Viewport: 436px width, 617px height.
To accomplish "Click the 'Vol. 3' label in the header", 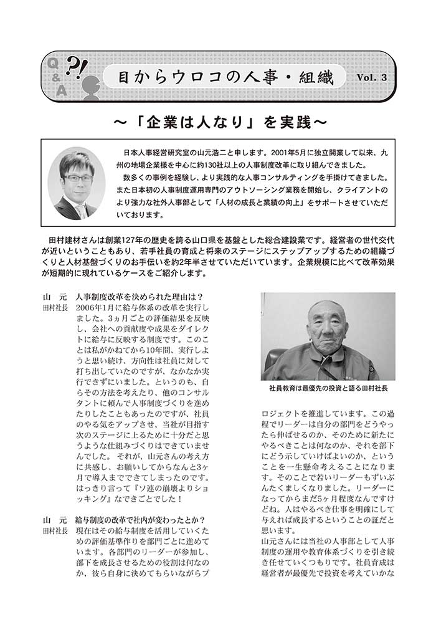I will [x=372, y=77].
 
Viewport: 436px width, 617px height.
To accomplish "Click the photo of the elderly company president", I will [x=328, y=336].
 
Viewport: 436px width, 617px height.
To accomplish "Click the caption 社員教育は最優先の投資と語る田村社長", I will [x=328, y=388].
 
